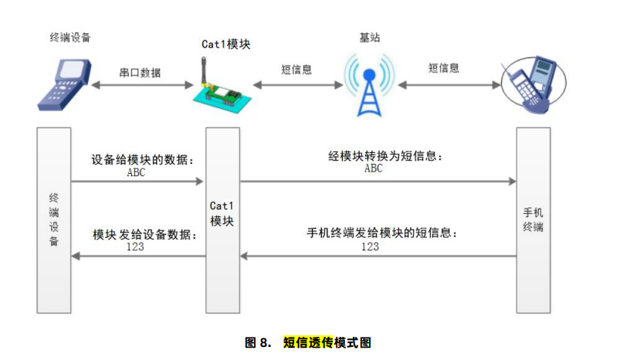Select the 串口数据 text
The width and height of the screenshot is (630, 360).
140,72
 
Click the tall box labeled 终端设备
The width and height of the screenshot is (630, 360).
53,220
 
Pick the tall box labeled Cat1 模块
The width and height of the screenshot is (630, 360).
222,220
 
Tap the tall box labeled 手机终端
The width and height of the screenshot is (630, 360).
533,220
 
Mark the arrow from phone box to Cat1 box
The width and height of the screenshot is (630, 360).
378,256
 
